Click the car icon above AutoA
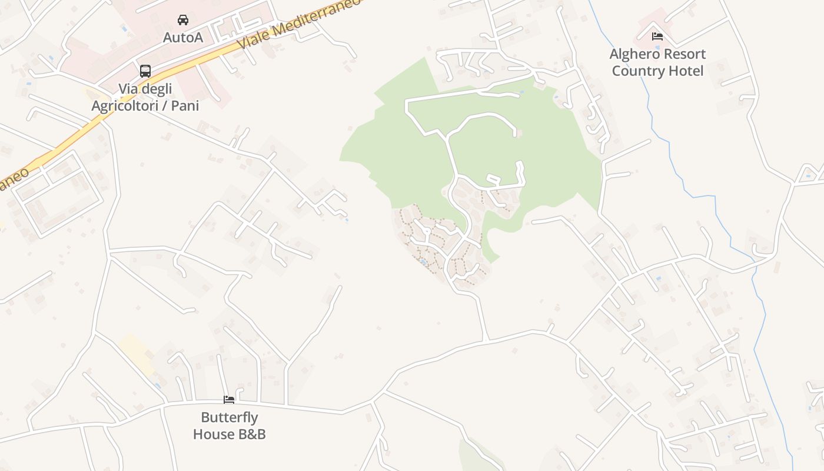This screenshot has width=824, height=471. point(183,20)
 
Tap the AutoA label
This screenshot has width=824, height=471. point(183,38)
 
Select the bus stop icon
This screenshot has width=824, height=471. point(145,71)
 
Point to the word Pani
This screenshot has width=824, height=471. point(185,106)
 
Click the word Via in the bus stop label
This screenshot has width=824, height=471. point(129,89)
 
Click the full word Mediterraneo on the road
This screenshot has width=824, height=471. point(314,18)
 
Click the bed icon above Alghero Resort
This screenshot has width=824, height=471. point(657,37)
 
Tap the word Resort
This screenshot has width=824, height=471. point(685,54)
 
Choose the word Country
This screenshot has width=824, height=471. point(636,71)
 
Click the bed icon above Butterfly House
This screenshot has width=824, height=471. point(229,400)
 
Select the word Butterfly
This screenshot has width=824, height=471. point(230,417)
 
